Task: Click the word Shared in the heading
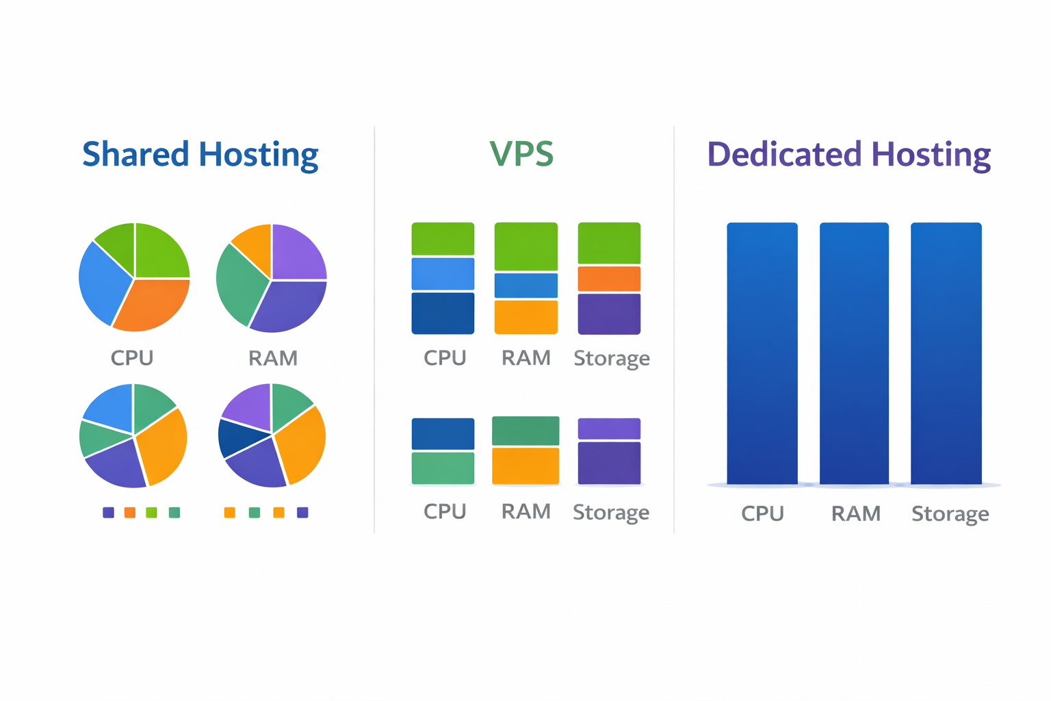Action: click(135, 155)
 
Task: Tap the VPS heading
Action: click(521, 155)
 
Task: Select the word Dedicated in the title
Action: click(783, 155)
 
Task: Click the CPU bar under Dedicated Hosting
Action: click(762, 353)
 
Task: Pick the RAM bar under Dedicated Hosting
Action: click(854, 353)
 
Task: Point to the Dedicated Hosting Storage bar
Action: click(946, 353)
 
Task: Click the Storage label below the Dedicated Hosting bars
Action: click(950, 514)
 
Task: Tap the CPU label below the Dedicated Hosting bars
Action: click(762, 514)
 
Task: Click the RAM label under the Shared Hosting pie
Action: click(272, 358)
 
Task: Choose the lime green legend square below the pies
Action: click(151, 513)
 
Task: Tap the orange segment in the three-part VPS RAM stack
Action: click(525, 317)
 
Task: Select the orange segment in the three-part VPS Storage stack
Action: click(609, 279)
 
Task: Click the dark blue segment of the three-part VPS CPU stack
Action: click(443, 313)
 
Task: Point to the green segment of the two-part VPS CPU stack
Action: click(443, 468)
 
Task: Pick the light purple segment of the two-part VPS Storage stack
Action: click(609, 429)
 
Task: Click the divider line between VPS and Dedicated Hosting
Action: click(674, 329)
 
